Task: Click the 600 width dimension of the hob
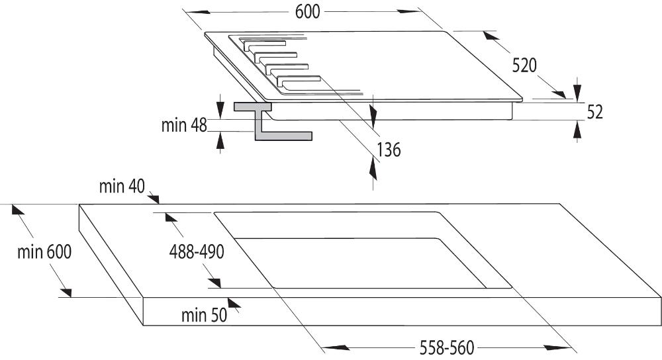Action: tap(305, 12)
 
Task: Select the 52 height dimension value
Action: tap(595, 112)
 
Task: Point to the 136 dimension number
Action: tap(388, 150)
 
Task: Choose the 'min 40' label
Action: tap(122, 187)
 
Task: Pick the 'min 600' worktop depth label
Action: tap(44, 252)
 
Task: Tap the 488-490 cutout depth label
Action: tap(197, 251)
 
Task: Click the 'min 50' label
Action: tap(204, 315)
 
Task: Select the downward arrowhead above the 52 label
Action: tap(578, 89)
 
